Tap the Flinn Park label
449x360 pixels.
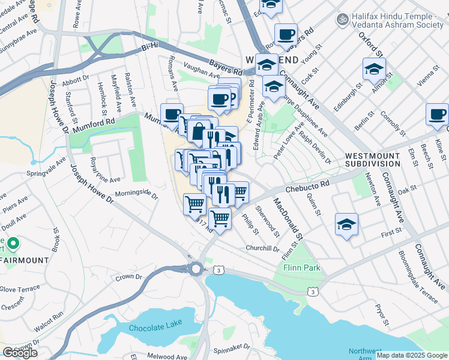pyautogui.click(x=302, y=268)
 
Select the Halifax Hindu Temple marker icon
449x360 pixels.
pyautogui.click(x=343, y=19)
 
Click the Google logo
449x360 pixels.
pyautogui.click(x=19, y=353)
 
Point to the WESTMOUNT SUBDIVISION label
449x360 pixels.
pyautogui.click(x=372, y=160)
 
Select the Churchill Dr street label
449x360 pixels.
pyautogui.click(x=262, y=248)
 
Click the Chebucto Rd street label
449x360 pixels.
pyautogui.click(x=309, y=187)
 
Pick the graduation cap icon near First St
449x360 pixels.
pyautogui.click(x=347, y=224)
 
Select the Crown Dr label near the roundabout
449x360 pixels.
pyautogui.click(x=128, y=277)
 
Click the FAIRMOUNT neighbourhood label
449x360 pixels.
pyautogui.click(x=25, y=260)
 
